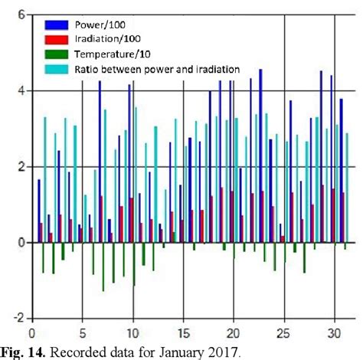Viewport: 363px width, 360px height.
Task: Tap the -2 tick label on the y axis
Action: [x=19, y=318]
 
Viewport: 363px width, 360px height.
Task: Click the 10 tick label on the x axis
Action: [x=132, y=333]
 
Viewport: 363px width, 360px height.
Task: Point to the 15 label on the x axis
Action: [x=182, y=333]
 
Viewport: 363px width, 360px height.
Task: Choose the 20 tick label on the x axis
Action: [x=233, y=333]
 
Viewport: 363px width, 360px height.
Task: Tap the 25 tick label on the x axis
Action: [x=283, y=333]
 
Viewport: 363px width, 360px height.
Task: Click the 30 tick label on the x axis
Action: [x=334, y=333]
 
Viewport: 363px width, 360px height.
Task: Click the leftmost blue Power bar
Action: [x=39, y=211]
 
